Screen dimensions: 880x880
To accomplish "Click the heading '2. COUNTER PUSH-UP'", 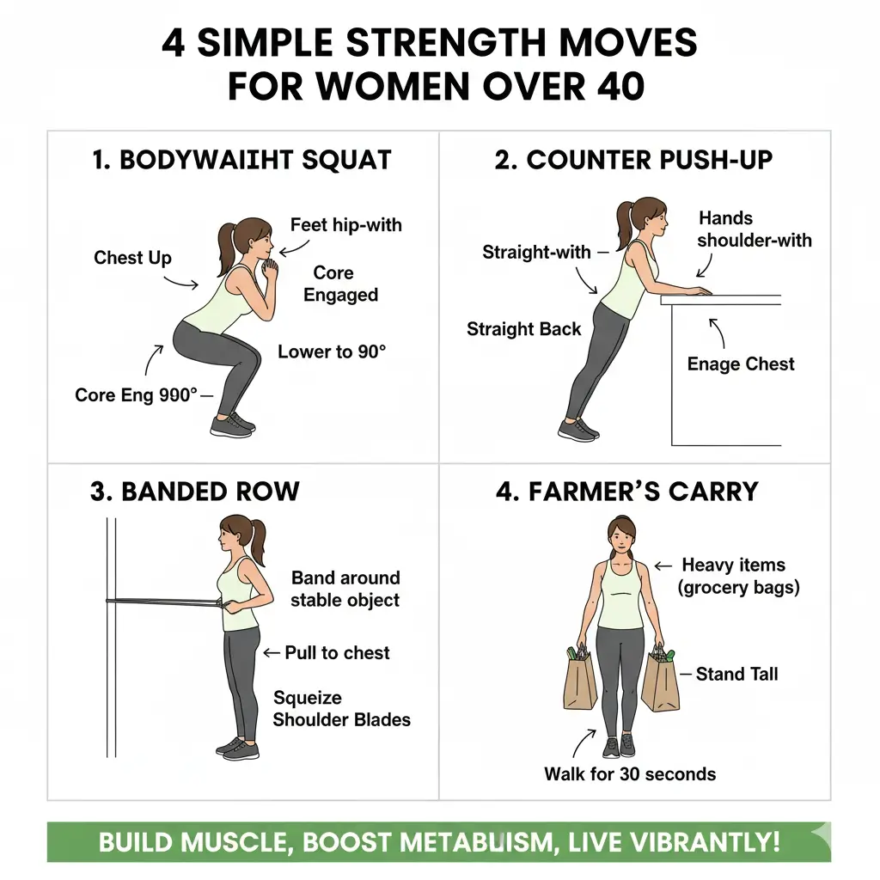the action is [x=633, y=160].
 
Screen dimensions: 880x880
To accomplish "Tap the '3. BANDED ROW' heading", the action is [x=195, y=492].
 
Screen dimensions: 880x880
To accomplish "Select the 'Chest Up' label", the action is [x=132, y=258].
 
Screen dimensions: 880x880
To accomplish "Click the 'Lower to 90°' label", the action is [x=332, y=351].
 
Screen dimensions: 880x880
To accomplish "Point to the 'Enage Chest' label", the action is [x=741, y=364].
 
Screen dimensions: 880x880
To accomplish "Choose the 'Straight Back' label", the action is [x=523, y=329].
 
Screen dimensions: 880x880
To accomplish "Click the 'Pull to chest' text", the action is [x=337, y=653].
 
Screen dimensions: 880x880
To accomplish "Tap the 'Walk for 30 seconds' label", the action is [x=630, y=774].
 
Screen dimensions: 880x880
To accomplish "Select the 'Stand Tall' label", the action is [x=736, y=674].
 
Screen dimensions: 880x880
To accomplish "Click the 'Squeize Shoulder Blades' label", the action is [x=342, y=709].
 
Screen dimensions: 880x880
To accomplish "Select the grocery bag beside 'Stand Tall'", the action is [x=660, y=680].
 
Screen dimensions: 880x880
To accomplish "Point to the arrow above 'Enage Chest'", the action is [x=717, y=333].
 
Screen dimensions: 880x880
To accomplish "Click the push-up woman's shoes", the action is [x=578, y=430].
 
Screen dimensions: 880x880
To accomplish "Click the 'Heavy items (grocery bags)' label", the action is [x=738, y=577].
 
